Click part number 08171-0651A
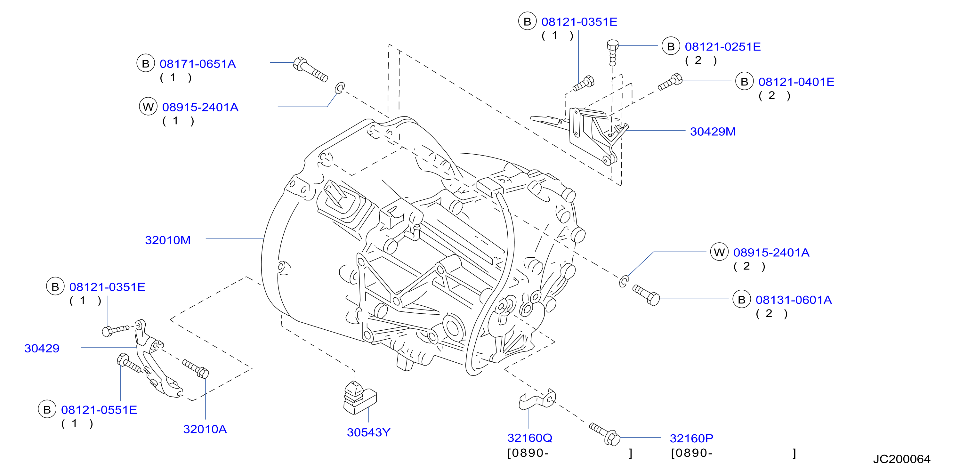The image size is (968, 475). coord(198,64)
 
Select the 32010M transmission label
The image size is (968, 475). coord(168,240)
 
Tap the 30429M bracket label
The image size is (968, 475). coord(713,132)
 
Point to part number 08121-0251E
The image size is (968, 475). coord(722,47)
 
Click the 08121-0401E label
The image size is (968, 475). coord(796,82)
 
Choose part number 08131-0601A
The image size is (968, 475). coord(794,300)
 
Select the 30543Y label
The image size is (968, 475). coord(369,432)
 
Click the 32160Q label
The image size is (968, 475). coord(530,438)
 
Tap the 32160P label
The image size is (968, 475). coord(691,438)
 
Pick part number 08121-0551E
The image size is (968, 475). coord(99,410)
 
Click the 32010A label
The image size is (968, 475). coord(205,429)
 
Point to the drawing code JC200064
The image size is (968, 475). coord(901,459)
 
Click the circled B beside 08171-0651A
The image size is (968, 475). coord(146,63)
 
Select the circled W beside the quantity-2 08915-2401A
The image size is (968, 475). coord(719,252)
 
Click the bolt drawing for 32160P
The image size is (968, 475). coord(605,434)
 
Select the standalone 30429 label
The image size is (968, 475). coord(42,348)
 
